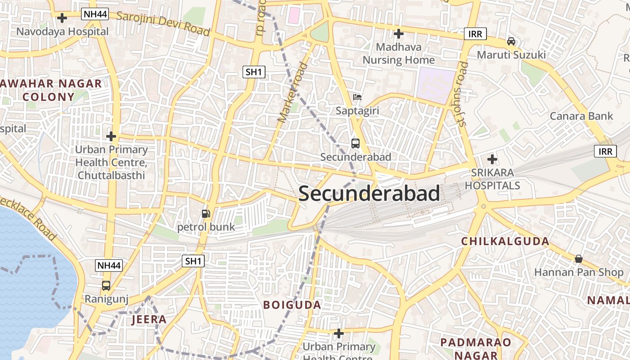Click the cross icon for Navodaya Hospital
click(62, 18)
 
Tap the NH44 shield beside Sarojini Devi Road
click(95, 14)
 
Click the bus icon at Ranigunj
click(106, 286)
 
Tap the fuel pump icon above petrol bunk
click(206, 214)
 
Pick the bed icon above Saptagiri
click(357, 97)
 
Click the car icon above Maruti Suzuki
click(511, 41)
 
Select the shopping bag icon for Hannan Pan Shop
click(579, 259)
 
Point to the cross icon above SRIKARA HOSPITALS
click(492, 159)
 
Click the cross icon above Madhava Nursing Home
click(398, 34)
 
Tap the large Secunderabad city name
click(369, 193)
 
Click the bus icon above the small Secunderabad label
click(355, 144)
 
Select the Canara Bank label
click(581, 116)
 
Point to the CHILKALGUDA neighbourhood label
click(505, 241)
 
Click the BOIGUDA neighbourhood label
click(292, 305)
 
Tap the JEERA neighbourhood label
click(149, 319)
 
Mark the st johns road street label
click(462, 94)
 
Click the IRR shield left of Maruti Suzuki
click(475, 34)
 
